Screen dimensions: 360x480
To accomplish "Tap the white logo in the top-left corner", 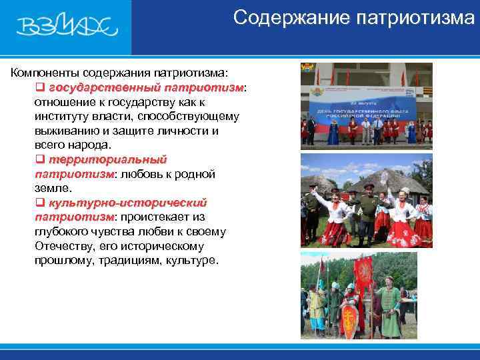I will click(x=67, y=27).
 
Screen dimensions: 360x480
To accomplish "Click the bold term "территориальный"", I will click(x=107, y=159).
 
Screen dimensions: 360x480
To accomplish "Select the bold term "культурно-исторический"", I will click(x=127, y=203).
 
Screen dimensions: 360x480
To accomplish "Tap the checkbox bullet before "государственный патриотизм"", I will click(x=39, y=87).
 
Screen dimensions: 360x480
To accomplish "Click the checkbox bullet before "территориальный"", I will click(x=39, y=159).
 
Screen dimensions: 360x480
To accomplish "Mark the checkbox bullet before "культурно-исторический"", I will click(x=39, y=203).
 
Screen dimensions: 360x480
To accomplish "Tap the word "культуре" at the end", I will click(x=193, y=260).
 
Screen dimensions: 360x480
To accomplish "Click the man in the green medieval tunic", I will click(x=389, y=307).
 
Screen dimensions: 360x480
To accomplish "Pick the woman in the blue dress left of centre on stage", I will click(x=333, y=131).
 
